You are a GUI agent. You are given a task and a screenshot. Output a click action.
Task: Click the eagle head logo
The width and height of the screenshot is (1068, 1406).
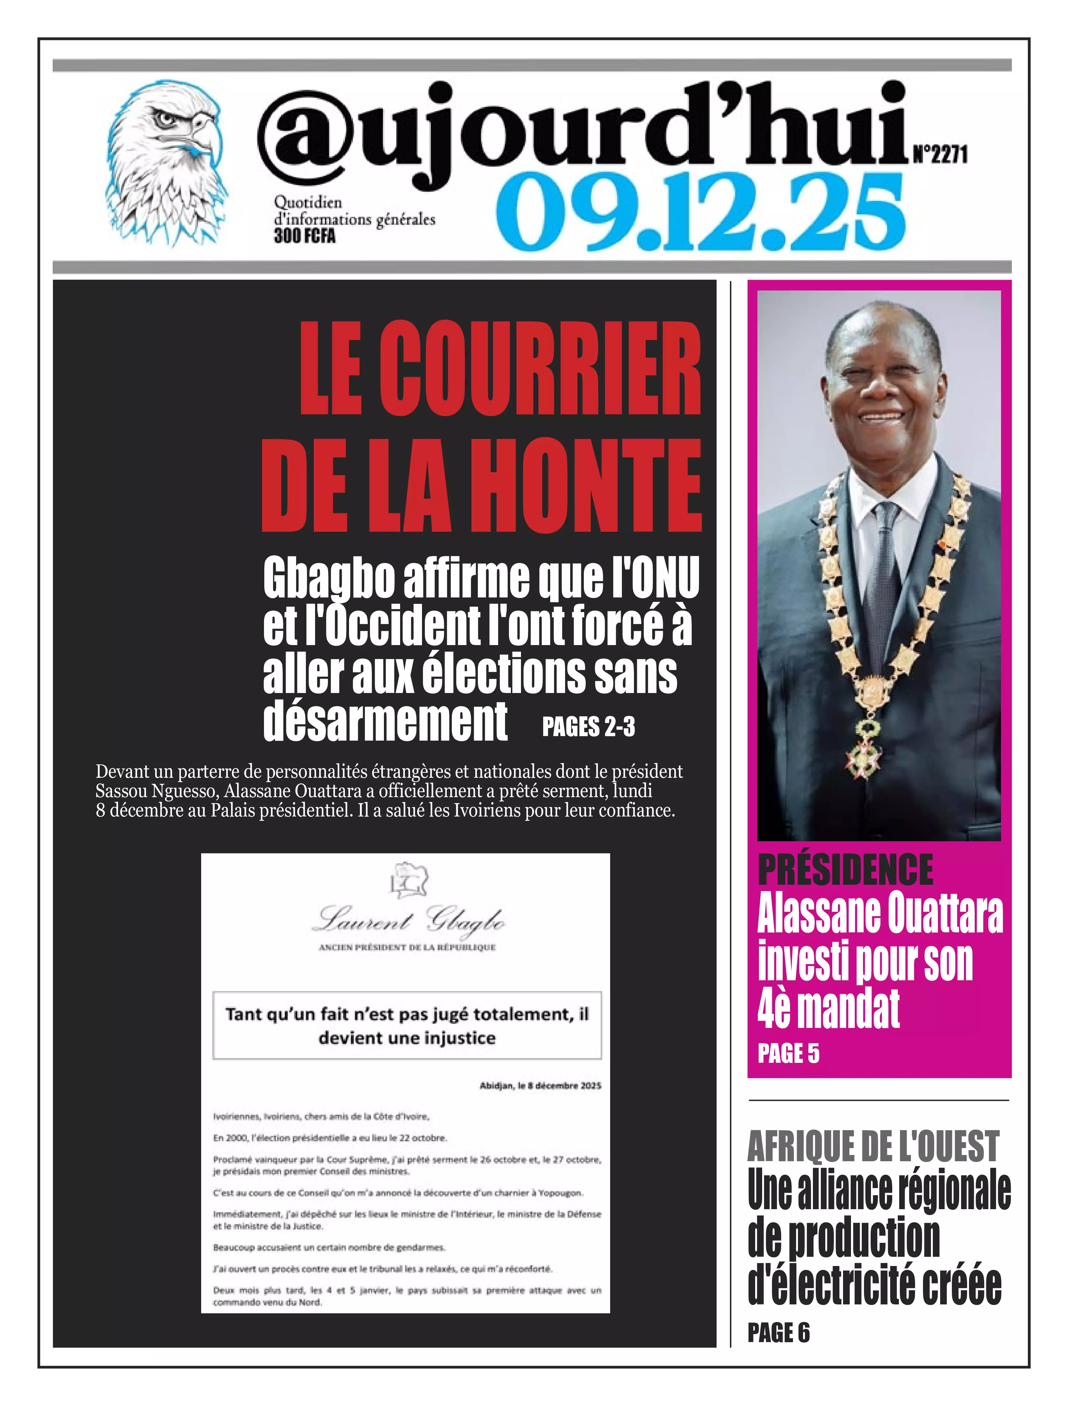coord(167,163)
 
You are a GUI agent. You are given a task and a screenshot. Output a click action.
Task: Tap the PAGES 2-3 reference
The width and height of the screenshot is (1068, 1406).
coord(588,726)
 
